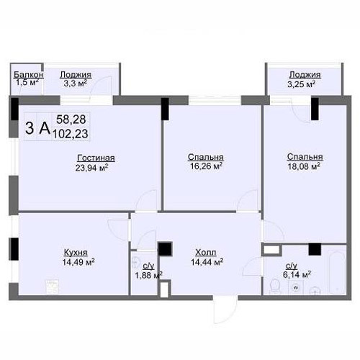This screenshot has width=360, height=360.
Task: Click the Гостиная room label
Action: click(96, 158)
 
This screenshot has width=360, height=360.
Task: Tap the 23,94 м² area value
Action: click(91, 168)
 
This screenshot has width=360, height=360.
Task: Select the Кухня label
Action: click(76, 253)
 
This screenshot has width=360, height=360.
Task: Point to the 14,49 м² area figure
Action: click(78, 262)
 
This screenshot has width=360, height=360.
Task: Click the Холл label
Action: click(206, 253)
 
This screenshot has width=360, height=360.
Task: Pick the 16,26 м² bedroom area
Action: click(206, 166)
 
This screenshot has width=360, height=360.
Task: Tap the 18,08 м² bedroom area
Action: click(304, 166)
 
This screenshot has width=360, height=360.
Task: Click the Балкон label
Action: click(28, 75)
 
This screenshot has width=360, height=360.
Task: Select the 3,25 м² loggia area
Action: click(301, 84)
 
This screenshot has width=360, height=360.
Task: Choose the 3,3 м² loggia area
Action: click(75, 84)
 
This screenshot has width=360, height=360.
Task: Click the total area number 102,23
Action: click(71, 134)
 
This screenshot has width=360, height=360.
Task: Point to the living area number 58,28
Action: click(71, 120)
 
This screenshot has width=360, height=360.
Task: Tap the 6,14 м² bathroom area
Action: click(297, 274)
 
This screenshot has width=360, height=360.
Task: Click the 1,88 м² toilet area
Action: click(148, 275)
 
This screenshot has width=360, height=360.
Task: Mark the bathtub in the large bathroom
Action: click(337, 273)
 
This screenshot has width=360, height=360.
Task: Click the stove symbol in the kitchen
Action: click(53, 287)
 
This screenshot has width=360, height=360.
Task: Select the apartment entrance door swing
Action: click(225, 312)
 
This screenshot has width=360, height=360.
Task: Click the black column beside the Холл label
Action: click(165, 249)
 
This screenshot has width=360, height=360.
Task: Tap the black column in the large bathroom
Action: click(315, 249)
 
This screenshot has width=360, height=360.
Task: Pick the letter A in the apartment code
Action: click(45, 128)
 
